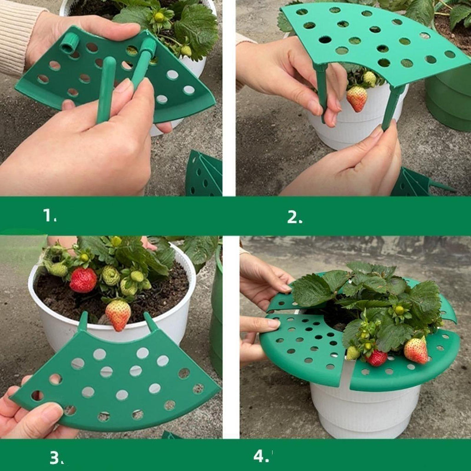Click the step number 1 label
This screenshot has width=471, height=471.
(x=50, y=215)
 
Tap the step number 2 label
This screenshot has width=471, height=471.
(x=295, y=217)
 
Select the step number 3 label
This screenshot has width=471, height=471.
(x=57, y=458)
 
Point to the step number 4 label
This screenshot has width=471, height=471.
(x=261, y=456)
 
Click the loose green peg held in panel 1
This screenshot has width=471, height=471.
(x=106, y=90)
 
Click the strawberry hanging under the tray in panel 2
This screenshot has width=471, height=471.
(x=357, y=98)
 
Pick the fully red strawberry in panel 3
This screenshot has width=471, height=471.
(x=83, y=280)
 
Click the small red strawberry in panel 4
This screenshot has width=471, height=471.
(x=377, y=358)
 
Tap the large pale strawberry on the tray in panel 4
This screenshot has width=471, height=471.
(x=416, y=350)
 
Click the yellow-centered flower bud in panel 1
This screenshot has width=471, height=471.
(x=159, y=17)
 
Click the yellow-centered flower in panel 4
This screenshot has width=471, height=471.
(x=399, y=310)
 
